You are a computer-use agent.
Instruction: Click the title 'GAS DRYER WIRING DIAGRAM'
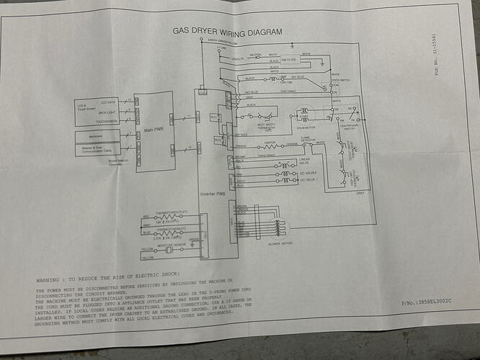[x=227, y=31]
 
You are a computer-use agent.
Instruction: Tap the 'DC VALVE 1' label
[x=308, y=184]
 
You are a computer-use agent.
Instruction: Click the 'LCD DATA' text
[x=108, y=102]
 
